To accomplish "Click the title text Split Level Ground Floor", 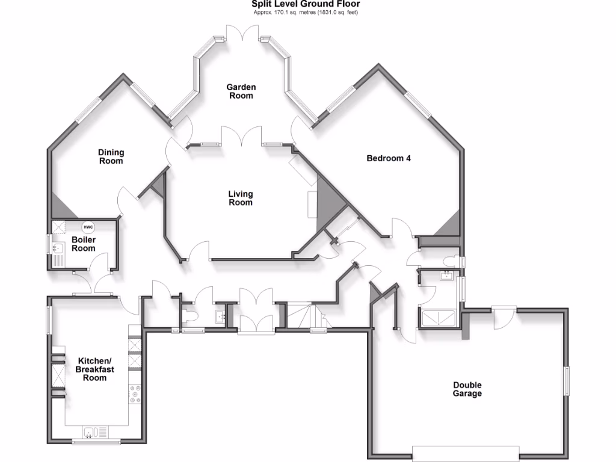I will coord(306,4).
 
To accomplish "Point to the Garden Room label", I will coord(241,91).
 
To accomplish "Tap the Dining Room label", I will coord(111,157).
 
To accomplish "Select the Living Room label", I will coord(241,198).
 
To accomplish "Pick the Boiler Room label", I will coord(84,244).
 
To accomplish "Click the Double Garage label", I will coord(467,389).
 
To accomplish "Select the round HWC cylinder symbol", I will coord(88,227).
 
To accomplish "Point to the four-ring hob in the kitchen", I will coord(135,393).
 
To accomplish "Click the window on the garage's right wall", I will coord(565,381).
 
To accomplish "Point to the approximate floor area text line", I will coord(306,12).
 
